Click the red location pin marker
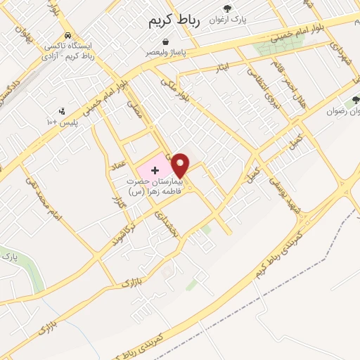coord(181,165)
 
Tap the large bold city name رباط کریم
coord(174,22)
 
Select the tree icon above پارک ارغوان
coord(226,8)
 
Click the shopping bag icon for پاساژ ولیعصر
coord(165,41)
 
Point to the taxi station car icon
coord(66,35)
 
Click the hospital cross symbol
coord(155,170)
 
